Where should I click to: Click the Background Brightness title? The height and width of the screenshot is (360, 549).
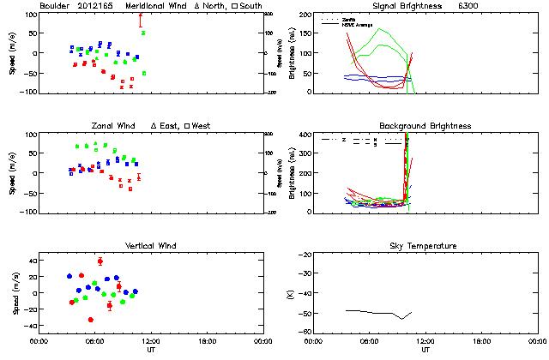[425, 126]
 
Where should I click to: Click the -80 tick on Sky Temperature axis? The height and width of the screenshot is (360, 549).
[303, 331]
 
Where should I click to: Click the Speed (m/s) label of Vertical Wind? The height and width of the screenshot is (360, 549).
[13, 292]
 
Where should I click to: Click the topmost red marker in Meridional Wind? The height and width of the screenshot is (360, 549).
[140, 15]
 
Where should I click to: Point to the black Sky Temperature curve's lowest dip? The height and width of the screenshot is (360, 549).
[401, 318]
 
